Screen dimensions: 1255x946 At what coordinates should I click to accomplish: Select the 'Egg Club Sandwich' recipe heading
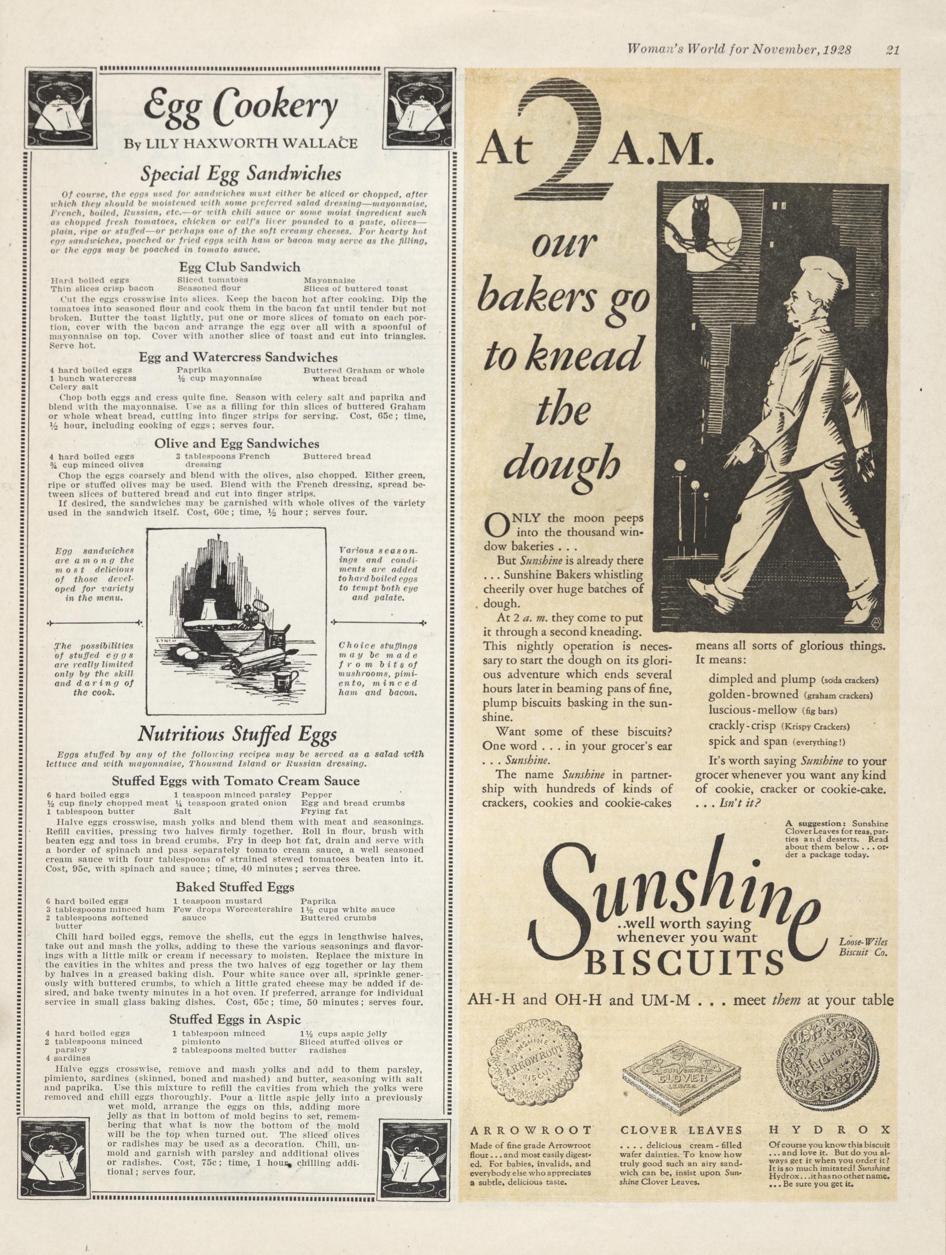240,267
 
